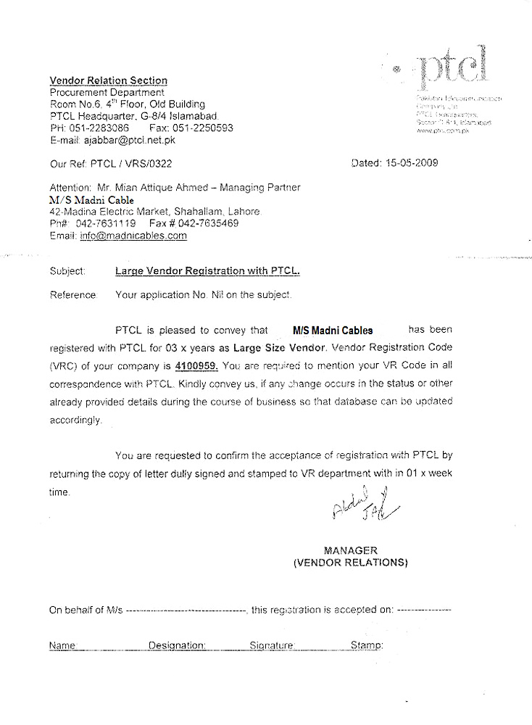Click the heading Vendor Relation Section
tap(108, 80)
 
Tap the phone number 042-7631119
tap(105, 223)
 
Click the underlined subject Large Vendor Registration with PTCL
tap(207, 272)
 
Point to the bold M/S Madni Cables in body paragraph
tap(333, 330)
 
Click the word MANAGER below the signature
tap(351, 550)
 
